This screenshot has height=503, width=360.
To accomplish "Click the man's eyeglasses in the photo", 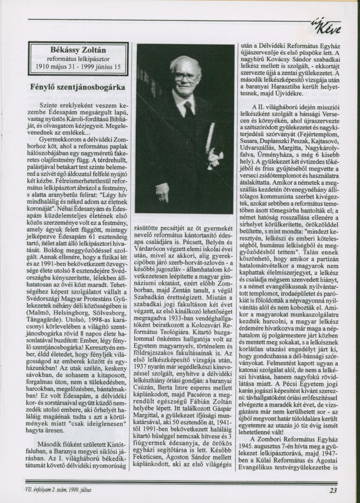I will pos(185,77).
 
